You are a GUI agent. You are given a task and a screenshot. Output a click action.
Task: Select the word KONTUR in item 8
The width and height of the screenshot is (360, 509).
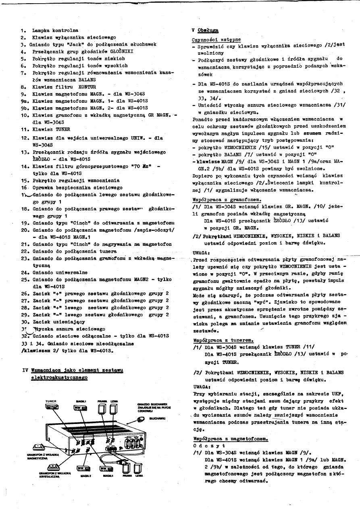pos(87,87)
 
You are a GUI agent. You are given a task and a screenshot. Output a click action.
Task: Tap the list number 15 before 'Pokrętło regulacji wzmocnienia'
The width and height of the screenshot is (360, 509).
pos(24,180)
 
